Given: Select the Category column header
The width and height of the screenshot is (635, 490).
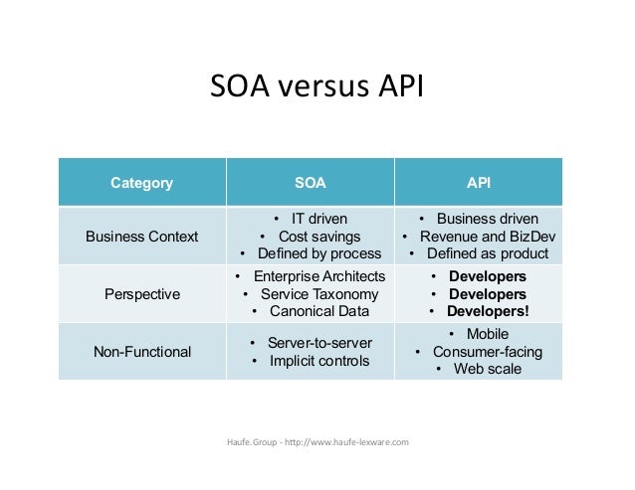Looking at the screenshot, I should pyautogui.click(x=141, y=183).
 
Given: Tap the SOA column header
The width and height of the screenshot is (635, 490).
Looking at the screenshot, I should pyautogui.click(x=311, y=183).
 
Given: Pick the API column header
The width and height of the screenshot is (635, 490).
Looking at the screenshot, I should pyautogui.click(x=479, y=183).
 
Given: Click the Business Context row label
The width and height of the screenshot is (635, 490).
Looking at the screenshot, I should pyautogui.click(x=141, y=237).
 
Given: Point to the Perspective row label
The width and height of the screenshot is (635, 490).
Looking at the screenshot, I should pyautogui.click(x=141, y=294).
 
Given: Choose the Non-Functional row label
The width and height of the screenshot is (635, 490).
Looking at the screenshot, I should pyautogui.click(x=141, y=351).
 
